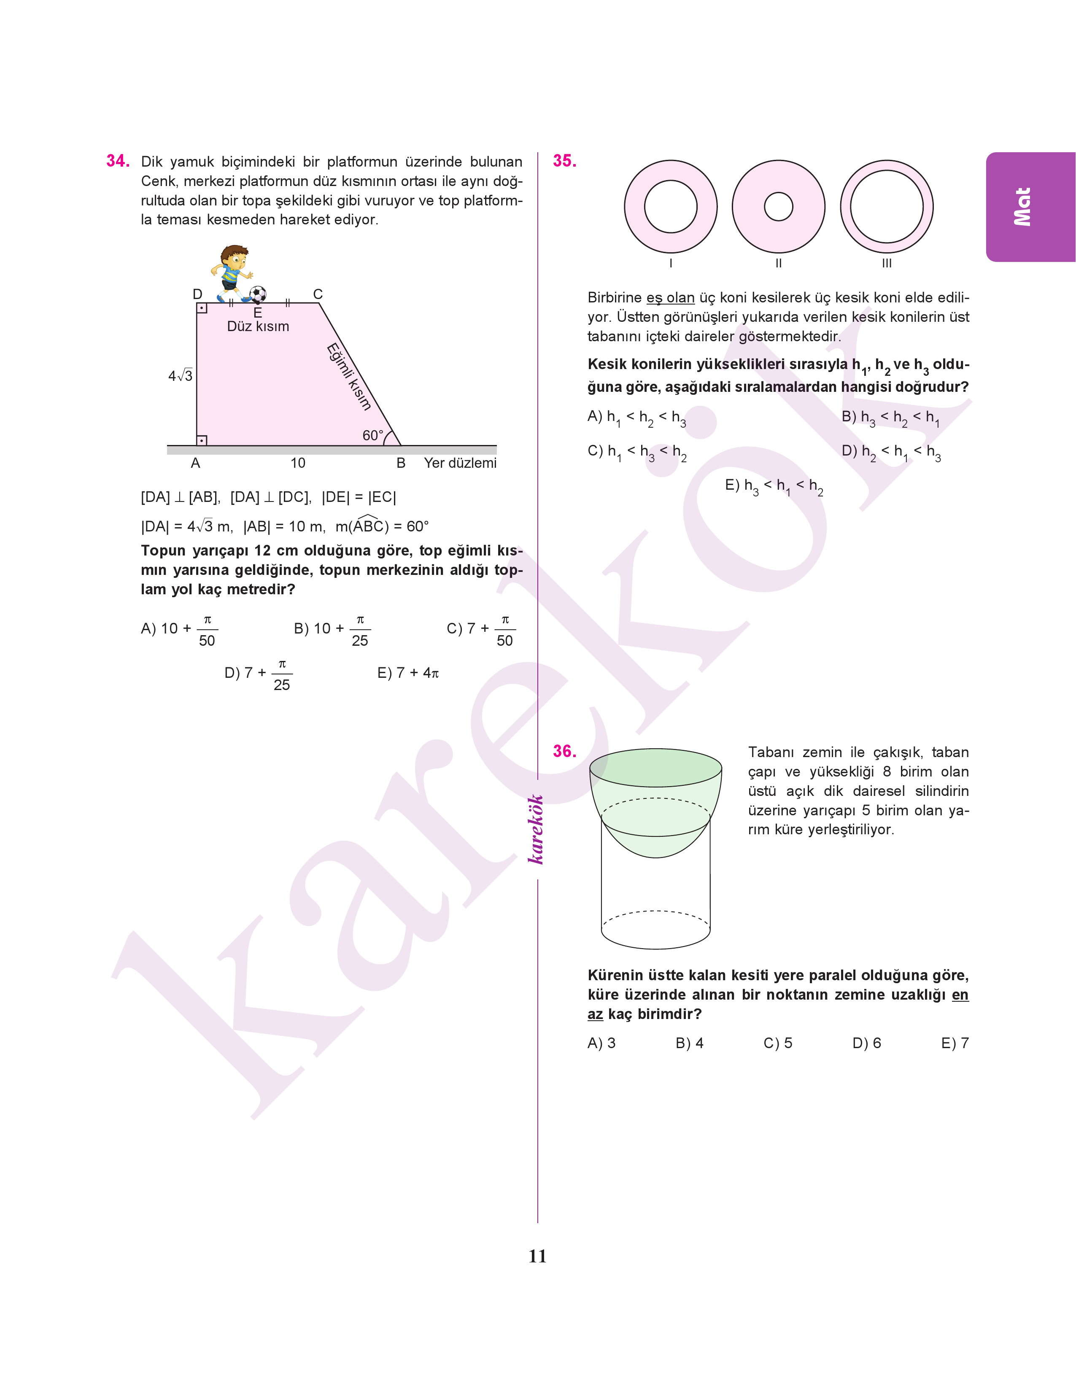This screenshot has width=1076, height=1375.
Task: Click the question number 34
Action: point(118,161)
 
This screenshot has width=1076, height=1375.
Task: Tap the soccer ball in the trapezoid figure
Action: point(258,294)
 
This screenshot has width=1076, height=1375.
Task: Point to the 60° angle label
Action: point(373,435)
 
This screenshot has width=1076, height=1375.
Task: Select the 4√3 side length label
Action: point(180,376)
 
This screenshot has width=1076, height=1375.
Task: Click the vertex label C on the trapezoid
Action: point(318,294)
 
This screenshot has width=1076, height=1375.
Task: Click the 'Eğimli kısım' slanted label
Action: point(348,377)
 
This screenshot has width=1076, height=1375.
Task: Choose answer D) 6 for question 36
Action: point(866,1043)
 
